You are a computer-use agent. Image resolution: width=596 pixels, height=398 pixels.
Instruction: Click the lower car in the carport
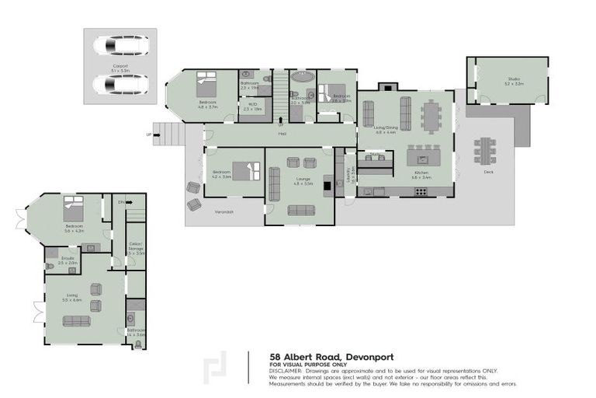click(120, 82)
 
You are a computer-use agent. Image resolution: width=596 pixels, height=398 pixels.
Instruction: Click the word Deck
click(488, 172)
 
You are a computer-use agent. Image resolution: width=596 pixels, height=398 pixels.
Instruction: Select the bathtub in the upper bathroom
click(300, 79)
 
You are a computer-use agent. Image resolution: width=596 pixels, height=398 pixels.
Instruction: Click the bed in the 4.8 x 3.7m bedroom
click(207, 82)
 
